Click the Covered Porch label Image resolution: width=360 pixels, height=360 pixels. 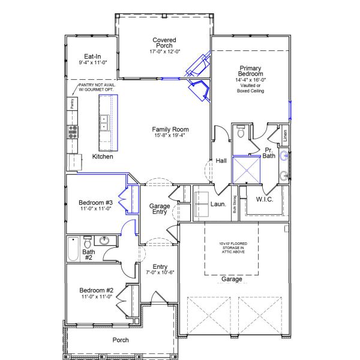pyautogui.click(x=164, y=43)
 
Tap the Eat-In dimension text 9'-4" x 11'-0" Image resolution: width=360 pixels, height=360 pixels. pyautogui.click(x=92, y=62)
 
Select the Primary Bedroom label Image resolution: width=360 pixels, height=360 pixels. pyautogui.click(x=251, y=71)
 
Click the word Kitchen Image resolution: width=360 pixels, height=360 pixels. pyautogui.click(x=103, y=157)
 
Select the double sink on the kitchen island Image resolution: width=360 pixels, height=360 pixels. pyautogui.click(x=103, y=123)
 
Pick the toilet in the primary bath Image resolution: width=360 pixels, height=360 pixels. pyautogui.click(x=240, y=131)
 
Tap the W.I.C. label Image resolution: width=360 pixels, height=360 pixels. pyautogui.click(x=265, y=199)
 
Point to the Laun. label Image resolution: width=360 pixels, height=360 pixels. pyautogui.click(x=218, y=204)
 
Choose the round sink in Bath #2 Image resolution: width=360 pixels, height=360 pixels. pyautogui.click(x=103, y=242)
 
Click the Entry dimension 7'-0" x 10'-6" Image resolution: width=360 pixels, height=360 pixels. pyautogui.click(x=160, y=273)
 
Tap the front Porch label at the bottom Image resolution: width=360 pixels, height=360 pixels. pyautogui.click(x=120, y=340)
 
